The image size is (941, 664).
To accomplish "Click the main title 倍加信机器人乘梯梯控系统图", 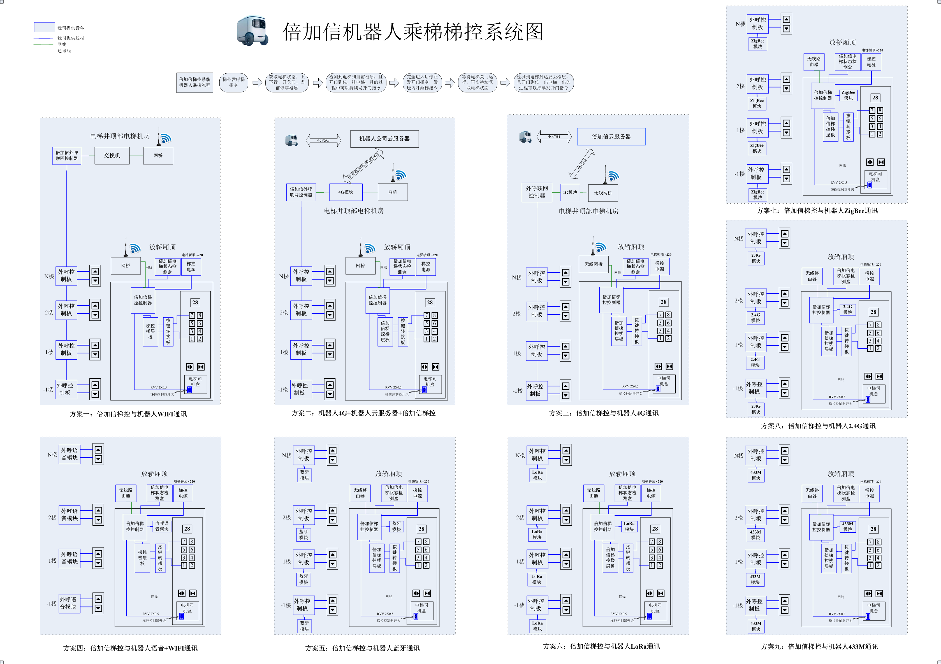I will pyautogui.click(x=413, y=32).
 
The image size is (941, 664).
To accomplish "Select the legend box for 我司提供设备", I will pyautogui.click(x=44, y=27).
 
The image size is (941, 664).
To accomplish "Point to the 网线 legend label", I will pyautogui.click(x=62, y=44).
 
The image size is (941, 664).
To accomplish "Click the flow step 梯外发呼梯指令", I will pyautogui.click(x=234, y=82).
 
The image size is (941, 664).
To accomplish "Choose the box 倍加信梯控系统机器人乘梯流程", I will pyautogui.click(x=195, y=82).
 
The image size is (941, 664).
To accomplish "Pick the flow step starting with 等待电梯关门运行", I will pyautogui.click(x=478, y=82).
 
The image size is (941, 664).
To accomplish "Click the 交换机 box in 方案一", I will pyautogui.click(x=112, y=156).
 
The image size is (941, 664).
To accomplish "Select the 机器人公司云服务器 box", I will pyautogui.click(x=384, y=139).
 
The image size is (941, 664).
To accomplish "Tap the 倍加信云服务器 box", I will pyautogui.click(x=611, y=136).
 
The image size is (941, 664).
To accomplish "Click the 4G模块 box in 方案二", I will pyautogui.click(x=346, y=192).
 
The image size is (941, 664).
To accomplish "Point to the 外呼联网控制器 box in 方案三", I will pyautogui.click(x=536, y=192).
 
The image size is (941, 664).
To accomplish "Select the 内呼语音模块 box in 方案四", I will pyautogui.click(x=162, y=526).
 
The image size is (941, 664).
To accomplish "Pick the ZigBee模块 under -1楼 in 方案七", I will pyautogui.click(x=757, y=195).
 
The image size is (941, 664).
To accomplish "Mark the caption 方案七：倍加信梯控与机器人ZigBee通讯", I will pyautogui.click(x=817, y=211).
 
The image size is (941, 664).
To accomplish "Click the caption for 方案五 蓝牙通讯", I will pyautogui.click(x=362, y=648).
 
